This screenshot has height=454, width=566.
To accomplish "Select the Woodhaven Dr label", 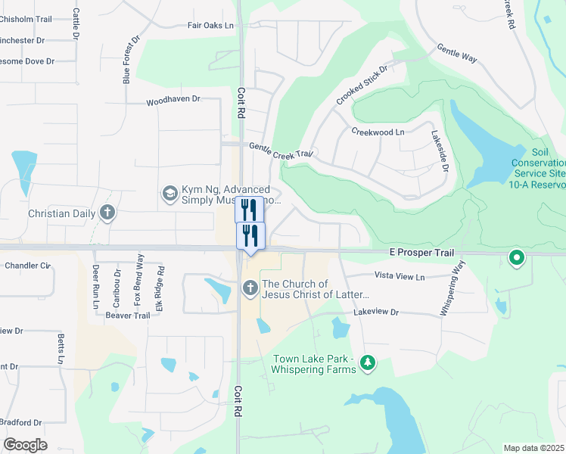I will (x=173, y=99).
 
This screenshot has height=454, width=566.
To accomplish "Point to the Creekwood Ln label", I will (x=378, y=132).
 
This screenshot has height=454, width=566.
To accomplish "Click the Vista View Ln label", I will (x=399, y=277).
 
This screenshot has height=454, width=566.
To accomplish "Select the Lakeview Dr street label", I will (x=376, y=312).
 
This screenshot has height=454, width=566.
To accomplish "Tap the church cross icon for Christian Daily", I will (x=107, y=213).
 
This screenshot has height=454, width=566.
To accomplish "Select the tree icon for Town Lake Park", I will (x=368, y=364).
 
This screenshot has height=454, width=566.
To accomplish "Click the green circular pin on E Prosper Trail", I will (x=517, y=259).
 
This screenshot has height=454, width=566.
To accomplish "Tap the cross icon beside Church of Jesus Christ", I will (x=250, y=288).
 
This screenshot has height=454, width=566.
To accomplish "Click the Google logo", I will (x=25, y=445).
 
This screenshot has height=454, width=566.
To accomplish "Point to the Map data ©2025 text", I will (x=534, y=448).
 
